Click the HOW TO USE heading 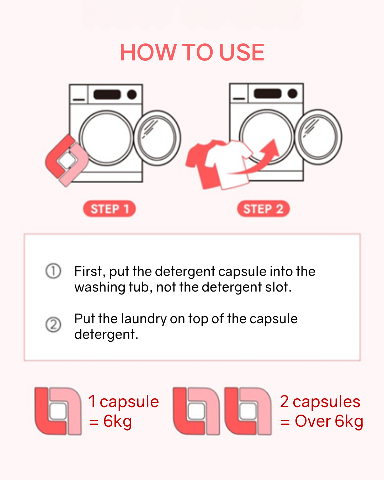click(192, 53)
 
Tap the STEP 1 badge click(109, 209)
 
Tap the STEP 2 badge click(263, 209)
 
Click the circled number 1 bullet click(53, 271)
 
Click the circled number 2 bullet click(53, 325)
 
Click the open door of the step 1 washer click(157, 138)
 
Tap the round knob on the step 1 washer click(132, 95)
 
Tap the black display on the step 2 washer click(267, 94)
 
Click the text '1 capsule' click(123, 402)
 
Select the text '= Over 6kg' click(322, 421)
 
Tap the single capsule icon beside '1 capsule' click(58, 411)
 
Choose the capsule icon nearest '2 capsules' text click(248, 411)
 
